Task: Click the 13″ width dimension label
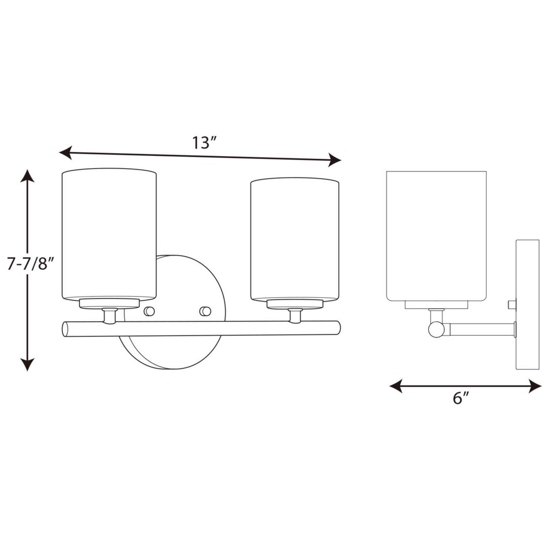[x=203, y=143]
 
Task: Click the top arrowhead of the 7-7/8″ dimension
[x=28, y=176]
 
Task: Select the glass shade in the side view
[x=436, y=236]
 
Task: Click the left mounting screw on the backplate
[x=149, y=311]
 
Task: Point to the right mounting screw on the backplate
[x=205, y=311]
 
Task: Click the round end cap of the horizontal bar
[x=65, y=329]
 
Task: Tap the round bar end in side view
[x=436, y=330]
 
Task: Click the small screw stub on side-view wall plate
[x=512, y=304]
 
